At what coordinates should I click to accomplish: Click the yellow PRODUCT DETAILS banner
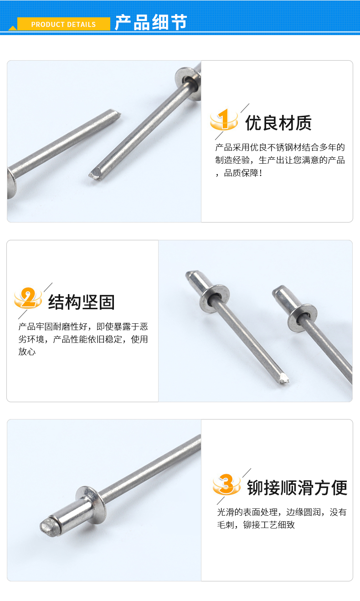point(63,24)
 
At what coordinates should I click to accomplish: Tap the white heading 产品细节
point(151,22)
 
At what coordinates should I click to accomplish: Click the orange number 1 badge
point(224,119)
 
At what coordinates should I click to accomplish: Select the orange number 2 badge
point(28,298)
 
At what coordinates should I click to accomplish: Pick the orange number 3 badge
point(226,484)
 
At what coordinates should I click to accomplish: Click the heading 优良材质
point(278,123)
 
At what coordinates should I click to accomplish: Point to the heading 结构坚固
point(82,302)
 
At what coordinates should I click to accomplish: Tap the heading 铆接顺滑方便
point(297,487)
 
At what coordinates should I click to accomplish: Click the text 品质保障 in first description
point(241,173)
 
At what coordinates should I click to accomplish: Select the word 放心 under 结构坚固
point(27,352)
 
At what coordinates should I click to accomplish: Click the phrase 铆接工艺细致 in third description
point(269,525)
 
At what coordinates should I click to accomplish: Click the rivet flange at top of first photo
point(188,83)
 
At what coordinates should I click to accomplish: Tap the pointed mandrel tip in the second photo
point(283,378)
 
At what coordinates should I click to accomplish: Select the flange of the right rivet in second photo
point(303,318)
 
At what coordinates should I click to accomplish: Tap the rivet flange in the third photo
point(91,505)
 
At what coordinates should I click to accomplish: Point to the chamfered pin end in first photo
point(116,114)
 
